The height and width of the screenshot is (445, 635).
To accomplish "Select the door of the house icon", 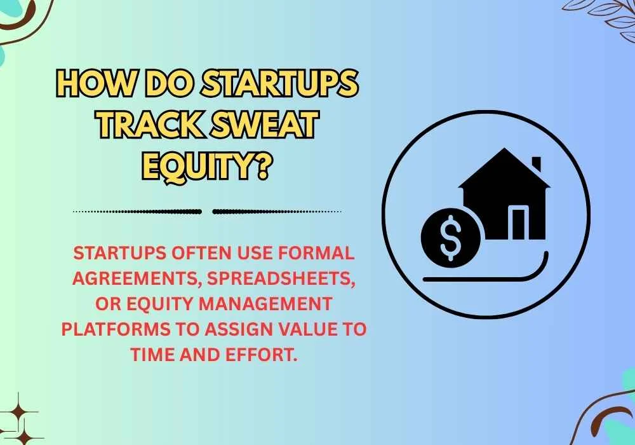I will click(519, 223).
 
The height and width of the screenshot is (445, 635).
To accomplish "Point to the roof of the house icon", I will click(504, 170).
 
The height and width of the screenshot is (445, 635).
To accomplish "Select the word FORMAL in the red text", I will click(315, 252).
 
